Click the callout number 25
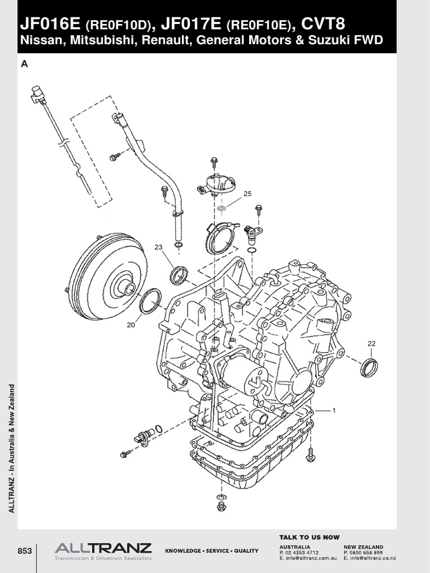(247, 194)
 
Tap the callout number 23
(158, 247)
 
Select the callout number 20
(130, 325)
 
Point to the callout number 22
(371, 343)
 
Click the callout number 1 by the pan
(334, 410)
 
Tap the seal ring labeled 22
(369, 367)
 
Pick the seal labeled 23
(179, 275)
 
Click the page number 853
(25, 551)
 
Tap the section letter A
(24, 64)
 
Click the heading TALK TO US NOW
(310, 537)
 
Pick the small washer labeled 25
(221, 209)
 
